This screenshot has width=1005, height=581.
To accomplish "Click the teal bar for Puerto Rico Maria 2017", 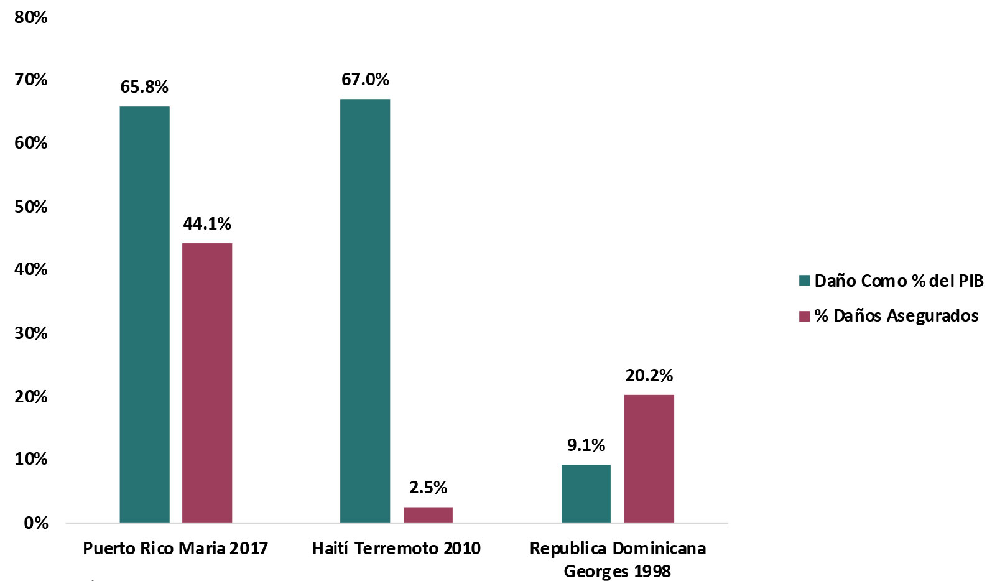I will (144, 314).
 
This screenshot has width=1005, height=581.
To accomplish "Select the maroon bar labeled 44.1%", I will (207, 383).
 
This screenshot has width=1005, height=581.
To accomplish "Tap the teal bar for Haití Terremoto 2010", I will (365, 310).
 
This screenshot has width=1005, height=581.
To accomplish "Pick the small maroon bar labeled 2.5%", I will (428, 514).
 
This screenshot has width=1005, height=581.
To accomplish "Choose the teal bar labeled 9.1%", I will (586, 493).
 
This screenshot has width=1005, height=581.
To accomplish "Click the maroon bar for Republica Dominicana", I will (649, 458).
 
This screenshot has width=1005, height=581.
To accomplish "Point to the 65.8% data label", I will (144, 87).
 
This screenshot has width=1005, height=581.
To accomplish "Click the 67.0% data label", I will (365, 80).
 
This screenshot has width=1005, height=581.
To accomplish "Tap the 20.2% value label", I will (649, 376).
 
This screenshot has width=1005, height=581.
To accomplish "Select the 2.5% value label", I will (428, 488).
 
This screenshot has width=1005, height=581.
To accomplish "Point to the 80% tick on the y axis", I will (31, 17).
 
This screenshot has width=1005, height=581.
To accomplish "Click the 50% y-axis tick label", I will (31, 207).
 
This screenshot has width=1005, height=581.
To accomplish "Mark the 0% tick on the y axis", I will (36, 523).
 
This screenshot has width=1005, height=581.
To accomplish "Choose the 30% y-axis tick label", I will (31, 333).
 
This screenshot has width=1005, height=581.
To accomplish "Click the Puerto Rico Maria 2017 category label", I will (175, 549).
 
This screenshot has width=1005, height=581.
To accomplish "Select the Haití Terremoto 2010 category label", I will (396, 549).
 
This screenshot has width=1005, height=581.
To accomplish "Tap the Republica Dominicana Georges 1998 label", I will (618, 559).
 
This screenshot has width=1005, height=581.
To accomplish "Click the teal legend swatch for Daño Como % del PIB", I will (804, 281).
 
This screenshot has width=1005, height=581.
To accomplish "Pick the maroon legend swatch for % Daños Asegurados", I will (804, 316).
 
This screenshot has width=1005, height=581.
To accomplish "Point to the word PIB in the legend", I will (971, 281).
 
